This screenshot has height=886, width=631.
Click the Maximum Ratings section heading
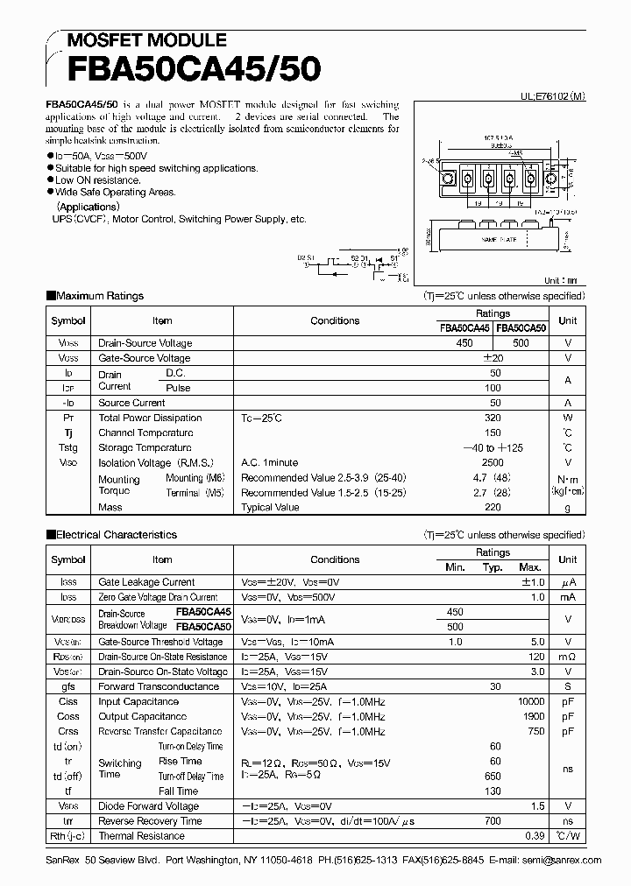(x=99, y=296)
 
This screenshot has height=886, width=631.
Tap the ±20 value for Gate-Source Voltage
(x=493, y=358)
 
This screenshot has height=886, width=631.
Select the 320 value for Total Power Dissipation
(x=493, y=418)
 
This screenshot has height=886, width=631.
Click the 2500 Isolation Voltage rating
(x=493, y=462)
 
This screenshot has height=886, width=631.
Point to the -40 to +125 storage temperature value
(x=493, y=447)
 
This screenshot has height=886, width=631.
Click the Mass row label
(x=110, y=507)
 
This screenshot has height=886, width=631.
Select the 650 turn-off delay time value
(x=493, y=776)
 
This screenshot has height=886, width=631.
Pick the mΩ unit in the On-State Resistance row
(x=568, y=657)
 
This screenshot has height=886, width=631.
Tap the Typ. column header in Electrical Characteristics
(x=493, y=567)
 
